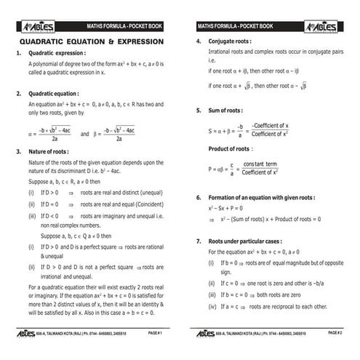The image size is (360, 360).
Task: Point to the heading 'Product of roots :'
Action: tap(230, 148)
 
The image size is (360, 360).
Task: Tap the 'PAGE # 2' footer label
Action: tap(335, 332)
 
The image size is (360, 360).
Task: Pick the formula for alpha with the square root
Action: tap(49, 135)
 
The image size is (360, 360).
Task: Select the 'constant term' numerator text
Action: tap(260, 164)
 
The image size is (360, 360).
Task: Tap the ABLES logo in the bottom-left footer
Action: tap(28, 333)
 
